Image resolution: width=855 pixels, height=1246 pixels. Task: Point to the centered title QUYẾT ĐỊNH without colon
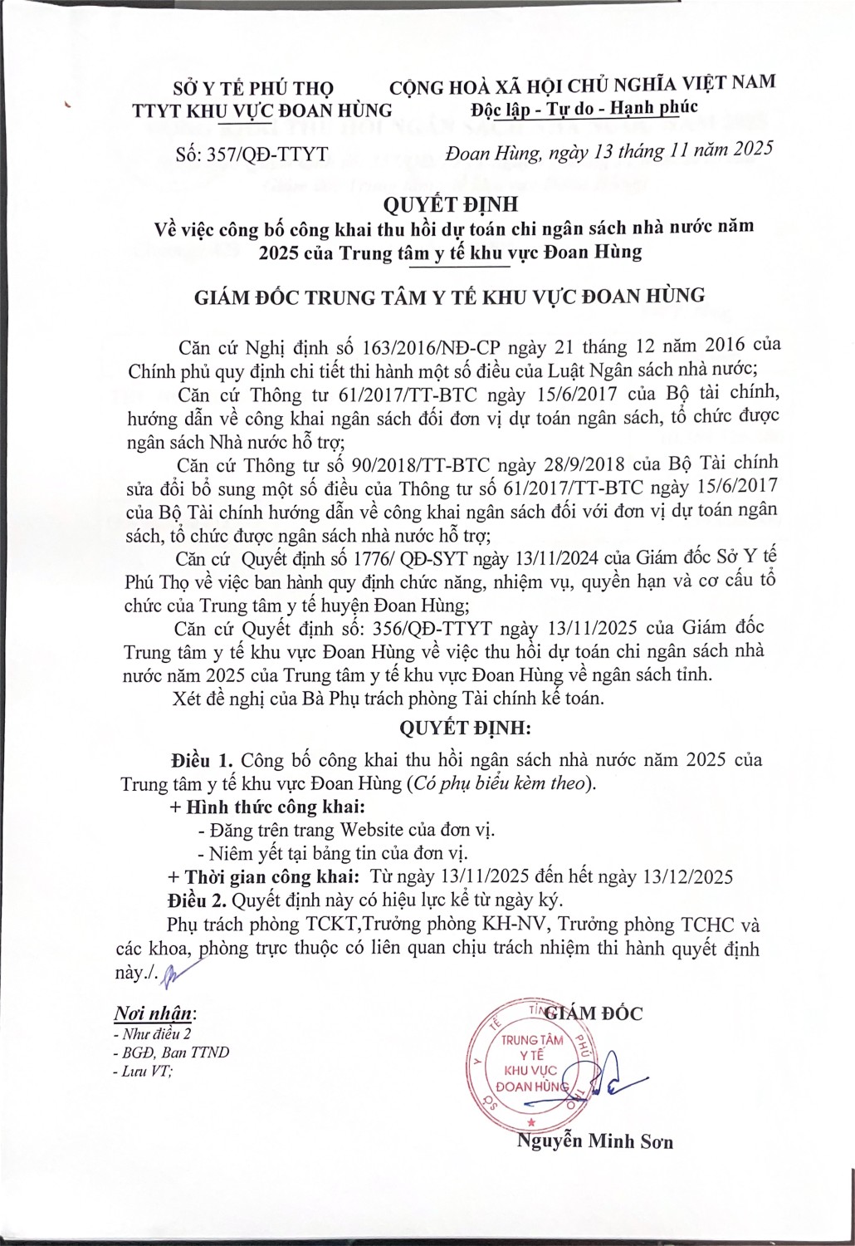tap(451, 204)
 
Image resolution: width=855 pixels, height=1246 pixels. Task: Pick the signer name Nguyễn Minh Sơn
tap(594, 1141)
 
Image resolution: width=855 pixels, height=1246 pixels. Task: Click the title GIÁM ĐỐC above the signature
tap(596, 1013)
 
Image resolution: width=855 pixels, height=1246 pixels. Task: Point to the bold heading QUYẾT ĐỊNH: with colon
tap(465, 728)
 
